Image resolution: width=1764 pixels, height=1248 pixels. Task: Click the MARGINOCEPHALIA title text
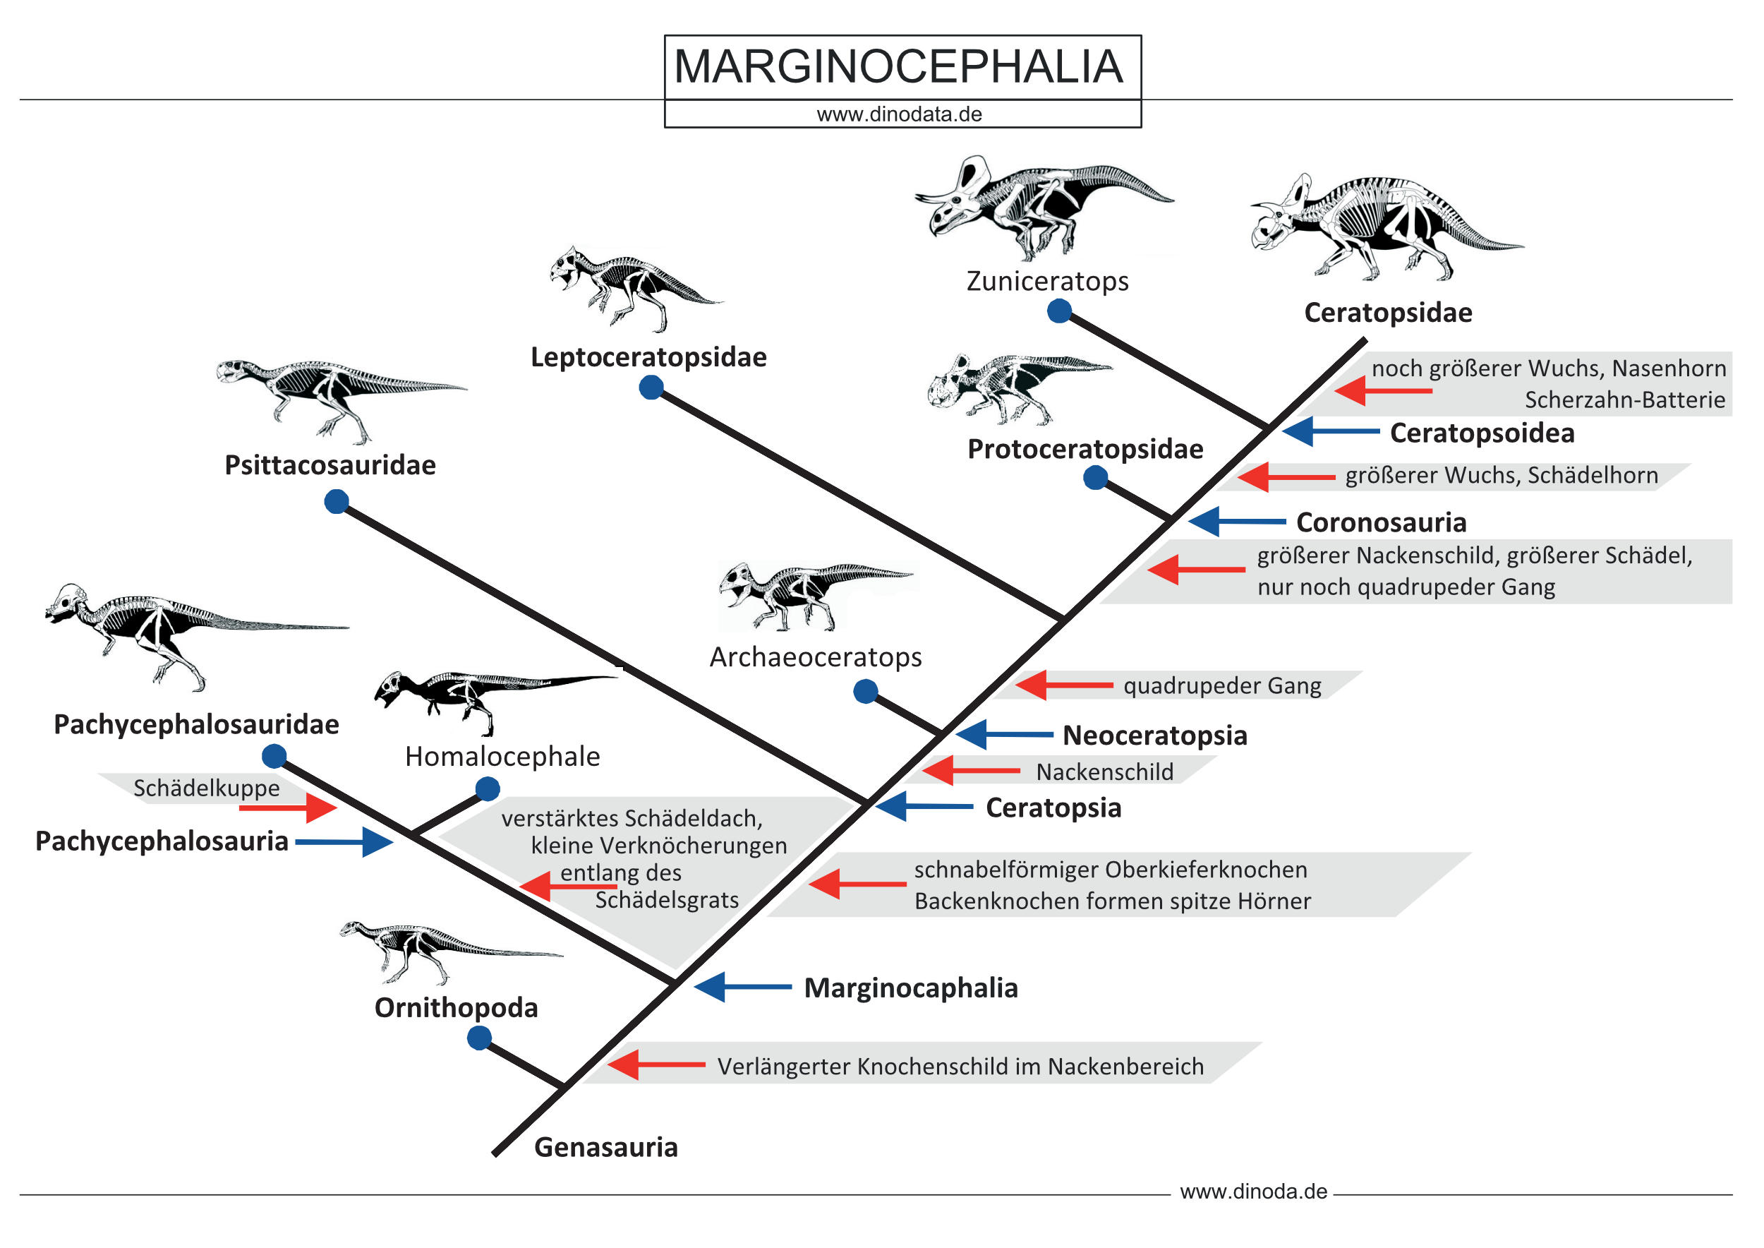pyautogui.click(x=898, y=66)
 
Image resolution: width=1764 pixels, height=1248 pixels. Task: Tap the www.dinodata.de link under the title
pyautogui.click(x=899, y=114)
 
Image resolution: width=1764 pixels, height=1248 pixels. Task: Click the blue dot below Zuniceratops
pyautogui.click(x=1060, y=311)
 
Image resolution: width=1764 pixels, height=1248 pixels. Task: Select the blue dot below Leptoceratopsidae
pyautogui.click(x=651, y=388)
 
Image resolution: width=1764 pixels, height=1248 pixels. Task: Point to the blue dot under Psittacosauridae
pyautogui.click(x=337, y=502)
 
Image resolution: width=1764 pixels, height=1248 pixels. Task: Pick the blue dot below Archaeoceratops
pyautogui.click(x=866, y=691)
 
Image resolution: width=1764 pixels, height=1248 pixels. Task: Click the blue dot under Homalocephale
pyautogui.click(x=487, y=788)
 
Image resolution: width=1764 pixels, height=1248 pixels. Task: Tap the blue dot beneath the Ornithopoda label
pyautogui.click(x=479, y=1038)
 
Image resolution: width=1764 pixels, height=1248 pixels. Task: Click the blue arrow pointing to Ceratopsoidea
pyautogui.click(x=1331, y=431)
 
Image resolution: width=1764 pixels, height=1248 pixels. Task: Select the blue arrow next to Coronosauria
pyautogui.click(x=1237, y=521)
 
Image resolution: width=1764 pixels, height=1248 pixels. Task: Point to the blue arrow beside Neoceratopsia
pyautogui.click(x=1004, y=735)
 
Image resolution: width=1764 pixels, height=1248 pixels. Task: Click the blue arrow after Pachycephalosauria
pyautogui.click(x=344, y=842)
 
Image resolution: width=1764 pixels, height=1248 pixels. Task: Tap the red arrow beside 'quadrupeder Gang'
pyautogui.click(x=1064, y=685)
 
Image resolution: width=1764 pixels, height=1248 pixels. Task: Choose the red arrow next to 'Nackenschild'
pyautogui.click(x=971, y=770)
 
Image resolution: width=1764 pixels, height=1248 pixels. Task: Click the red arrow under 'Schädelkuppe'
pyautogui.click(x=288, y=808)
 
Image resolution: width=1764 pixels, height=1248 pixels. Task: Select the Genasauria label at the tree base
pyautogui.click(x=606, y=1147)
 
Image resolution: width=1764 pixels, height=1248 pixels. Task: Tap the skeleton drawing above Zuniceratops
pyautogui.click(x=1044, y=207)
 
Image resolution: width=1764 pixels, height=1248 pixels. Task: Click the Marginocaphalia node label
pyautogui.click(x=911, y=988)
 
